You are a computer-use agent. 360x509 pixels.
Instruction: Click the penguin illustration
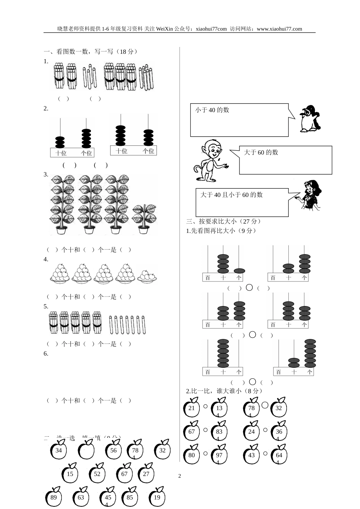[x=310, y=119]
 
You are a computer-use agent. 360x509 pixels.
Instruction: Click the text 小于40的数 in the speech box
[x=212, y=110]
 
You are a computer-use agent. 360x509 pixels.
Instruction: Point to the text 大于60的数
[x=261, y=152]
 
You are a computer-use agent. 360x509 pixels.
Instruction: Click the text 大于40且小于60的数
[x=231, y=195]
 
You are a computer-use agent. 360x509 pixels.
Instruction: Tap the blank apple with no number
[x=86, y=450]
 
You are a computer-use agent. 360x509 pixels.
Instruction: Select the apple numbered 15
[x=70, y=473]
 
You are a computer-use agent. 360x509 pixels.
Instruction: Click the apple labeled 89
[x=53, y=497]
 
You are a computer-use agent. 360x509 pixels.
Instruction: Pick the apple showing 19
[x=157, y=497]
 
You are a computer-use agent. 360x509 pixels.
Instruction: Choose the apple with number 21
[x=191, y=408]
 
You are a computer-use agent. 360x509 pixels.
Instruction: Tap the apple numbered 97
[x=219, y=455]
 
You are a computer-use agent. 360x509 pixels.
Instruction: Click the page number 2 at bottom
[x=180, y=476]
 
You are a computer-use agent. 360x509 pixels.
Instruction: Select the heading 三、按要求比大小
[x=224, y=222]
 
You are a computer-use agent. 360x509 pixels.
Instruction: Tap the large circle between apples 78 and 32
[x=265, y=405]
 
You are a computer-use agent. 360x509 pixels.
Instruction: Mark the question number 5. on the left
[x=46, y=306]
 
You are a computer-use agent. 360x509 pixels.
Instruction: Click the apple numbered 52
[x=97, y=473]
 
